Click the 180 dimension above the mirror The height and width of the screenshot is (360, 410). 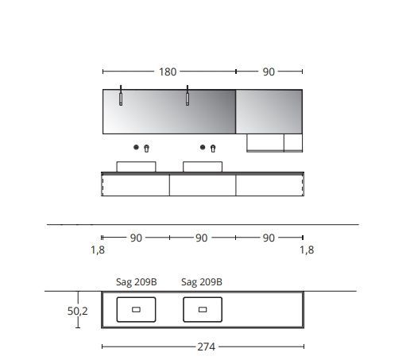click(168, 72)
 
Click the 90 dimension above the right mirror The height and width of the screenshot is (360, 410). click(269, 72)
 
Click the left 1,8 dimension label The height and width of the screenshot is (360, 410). click(98, 250)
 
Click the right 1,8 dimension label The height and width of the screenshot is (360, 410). click(307, 250)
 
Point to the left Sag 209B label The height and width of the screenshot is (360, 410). click(136, 281)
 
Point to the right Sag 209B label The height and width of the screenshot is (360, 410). click(202, 281)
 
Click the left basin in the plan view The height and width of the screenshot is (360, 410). click(136, 309)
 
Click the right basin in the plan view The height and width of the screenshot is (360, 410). click(202, 309)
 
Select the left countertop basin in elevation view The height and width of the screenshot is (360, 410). click(136, 166)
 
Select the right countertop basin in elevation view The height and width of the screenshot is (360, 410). click(202, 166)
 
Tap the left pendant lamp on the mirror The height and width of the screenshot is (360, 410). click(121, 96)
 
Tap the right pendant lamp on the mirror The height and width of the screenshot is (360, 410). click(188, 96)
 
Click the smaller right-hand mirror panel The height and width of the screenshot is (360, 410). click(269, 111)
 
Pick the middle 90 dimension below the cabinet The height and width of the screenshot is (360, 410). click(202, 238)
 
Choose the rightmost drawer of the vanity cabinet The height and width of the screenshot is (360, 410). click(269, 185)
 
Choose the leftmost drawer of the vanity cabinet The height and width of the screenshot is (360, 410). click(136, 185)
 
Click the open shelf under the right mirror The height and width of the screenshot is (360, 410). click(265, 143)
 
